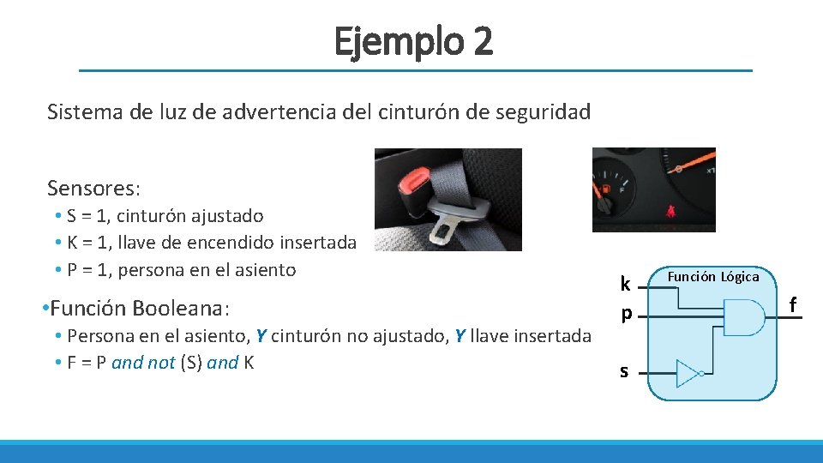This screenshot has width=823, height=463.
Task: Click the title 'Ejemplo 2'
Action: pos(414,40)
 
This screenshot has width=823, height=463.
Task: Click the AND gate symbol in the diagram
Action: pos(742,316)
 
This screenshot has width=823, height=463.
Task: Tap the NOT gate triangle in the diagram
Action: pos(688,373)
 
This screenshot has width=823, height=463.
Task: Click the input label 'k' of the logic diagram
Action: pos(626,284)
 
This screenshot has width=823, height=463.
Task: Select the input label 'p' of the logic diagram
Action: pos(626,315)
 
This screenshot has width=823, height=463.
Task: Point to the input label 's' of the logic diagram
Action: pos(624,371)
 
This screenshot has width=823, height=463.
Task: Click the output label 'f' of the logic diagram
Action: pos(793,304)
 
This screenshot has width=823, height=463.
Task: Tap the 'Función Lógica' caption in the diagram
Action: pos(713,277)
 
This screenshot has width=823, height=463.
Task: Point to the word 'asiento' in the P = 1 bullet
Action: pos(262,269)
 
